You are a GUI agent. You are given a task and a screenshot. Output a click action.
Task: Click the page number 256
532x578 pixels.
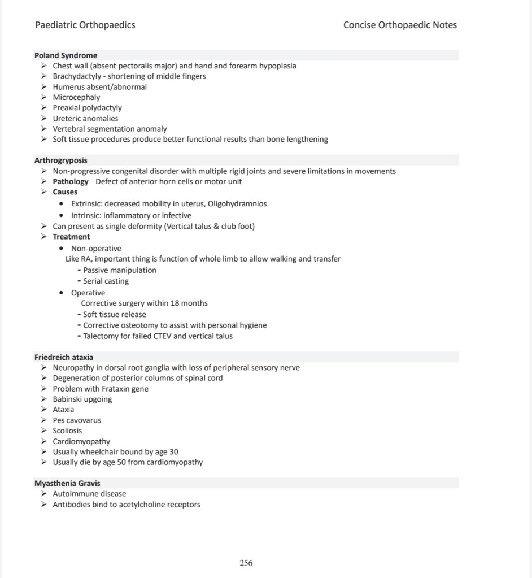(x=246, y=563)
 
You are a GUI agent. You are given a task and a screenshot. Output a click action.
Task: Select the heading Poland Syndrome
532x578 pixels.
(x=66, y=55)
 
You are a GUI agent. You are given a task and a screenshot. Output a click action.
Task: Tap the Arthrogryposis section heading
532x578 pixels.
(x=61, y=160)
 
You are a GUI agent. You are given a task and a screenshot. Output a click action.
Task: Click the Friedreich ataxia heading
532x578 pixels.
(x=64, y=357)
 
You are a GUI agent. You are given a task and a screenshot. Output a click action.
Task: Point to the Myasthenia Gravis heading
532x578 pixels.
(x=67, y=483)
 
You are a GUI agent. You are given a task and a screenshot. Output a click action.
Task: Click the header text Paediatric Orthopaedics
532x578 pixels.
(x=85, y=25)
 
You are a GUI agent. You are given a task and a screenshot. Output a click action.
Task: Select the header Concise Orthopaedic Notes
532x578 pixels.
(x=400, y=25)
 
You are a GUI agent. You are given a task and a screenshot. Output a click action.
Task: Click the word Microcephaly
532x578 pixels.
(x=76, y=97)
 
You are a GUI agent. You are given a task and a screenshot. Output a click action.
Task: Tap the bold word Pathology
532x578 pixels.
(x=71, y=181)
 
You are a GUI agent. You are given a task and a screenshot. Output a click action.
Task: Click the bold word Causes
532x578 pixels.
(x=65, y=192)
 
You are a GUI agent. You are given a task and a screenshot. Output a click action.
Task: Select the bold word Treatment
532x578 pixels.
(x=71, y=237)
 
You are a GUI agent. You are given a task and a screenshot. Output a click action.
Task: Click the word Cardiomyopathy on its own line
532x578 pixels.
(x=81, y=441)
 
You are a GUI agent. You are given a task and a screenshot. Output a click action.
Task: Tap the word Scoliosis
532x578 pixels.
(x=67, y=431)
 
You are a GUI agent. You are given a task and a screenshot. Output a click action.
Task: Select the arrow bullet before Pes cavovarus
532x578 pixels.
(x=44, y=420)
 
